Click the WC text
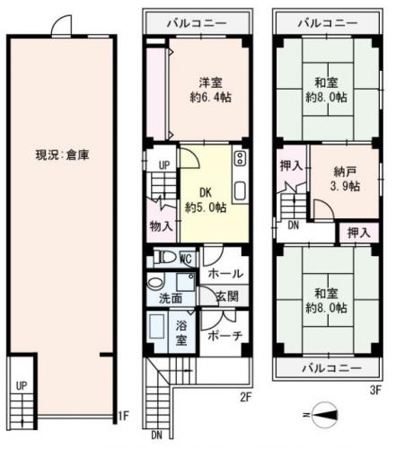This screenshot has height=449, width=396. [x=187, y=259]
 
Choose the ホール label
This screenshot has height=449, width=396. [x=224, y=273]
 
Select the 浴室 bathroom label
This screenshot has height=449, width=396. [x=181, y=333]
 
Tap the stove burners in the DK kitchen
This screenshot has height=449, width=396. [x=239, y=160]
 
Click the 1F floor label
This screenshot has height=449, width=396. [x=125, y=415]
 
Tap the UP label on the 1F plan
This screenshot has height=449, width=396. [x=20, y=386]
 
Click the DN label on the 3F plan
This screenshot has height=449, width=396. [x=293, y=226]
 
